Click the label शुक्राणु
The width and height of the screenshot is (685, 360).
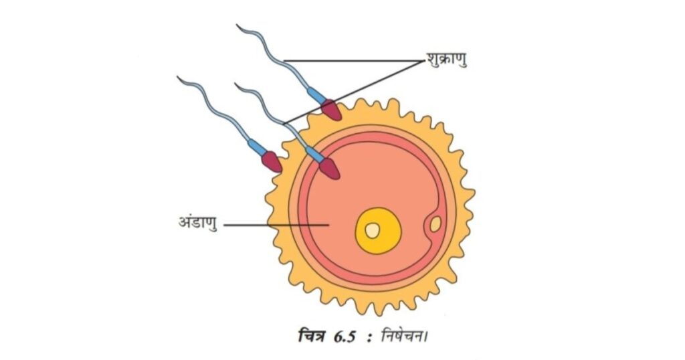pos(446,59)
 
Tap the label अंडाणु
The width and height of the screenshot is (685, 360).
pos(198,222)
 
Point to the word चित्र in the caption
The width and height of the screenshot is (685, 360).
pos(312,337)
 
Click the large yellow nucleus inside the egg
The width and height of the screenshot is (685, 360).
pos(378,231)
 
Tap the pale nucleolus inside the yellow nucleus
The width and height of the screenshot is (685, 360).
pos(372,231)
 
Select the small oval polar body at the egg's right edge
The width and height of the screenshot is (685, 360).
pos(435,225)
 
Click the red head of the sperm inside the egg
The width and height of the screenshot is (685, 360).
pos(330,169)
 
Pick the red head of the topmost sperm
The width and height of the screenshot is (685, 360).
pos(331,110)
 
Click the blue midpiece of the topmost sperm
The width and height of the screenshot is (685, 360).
pos(316,95)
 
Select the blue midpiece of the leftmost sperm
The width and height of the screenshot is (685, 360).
pos(256,147)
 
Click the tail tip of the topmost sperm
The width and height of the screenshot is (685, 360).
pos(237,25)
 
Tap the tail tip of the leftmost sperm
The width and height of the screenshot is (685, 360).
pos(177,77)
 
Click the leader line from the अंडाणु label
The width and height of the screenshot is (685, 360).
pos(276,226)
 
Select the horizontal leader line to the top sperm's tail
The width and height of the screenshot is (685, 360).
pos(354,61)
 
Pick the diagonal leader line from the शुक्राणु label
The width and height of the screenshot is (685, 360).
pos(354,92)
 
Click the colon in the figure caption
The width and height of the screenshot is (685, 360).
pos(369,338)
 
